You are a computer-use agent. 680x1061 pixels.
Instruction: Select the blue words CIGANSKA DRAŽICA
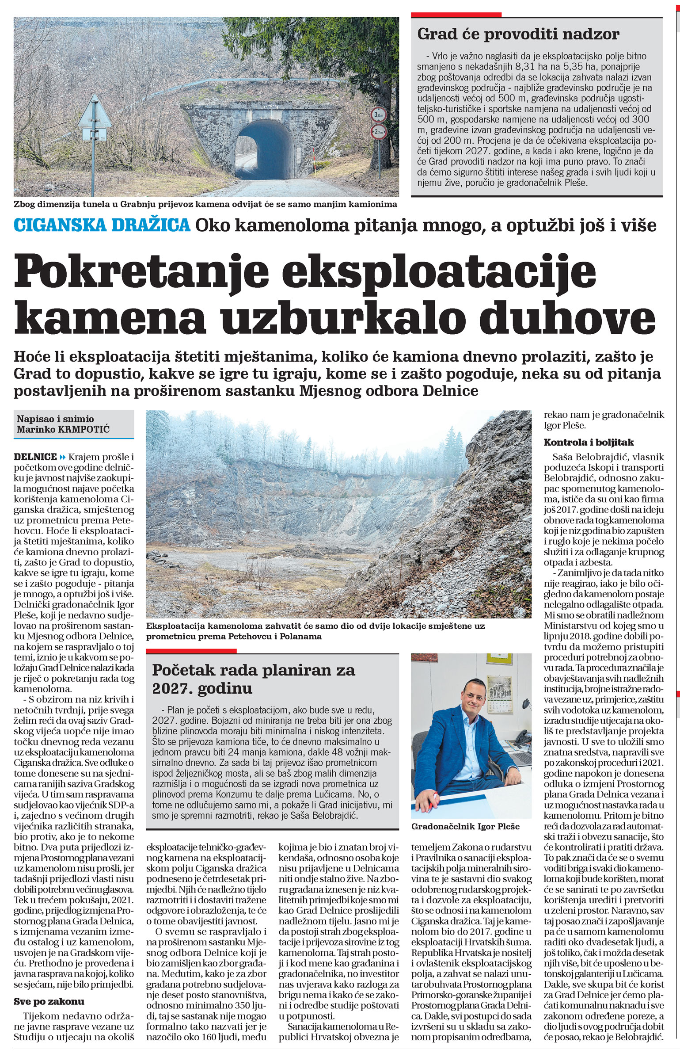[x=102, y=225]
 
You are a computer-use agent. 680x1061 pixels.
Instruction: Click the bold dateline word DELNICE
[x=36, y=457]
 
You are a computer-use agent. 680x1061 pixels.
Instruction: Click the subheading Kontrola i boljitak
[x=589, y=442]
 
